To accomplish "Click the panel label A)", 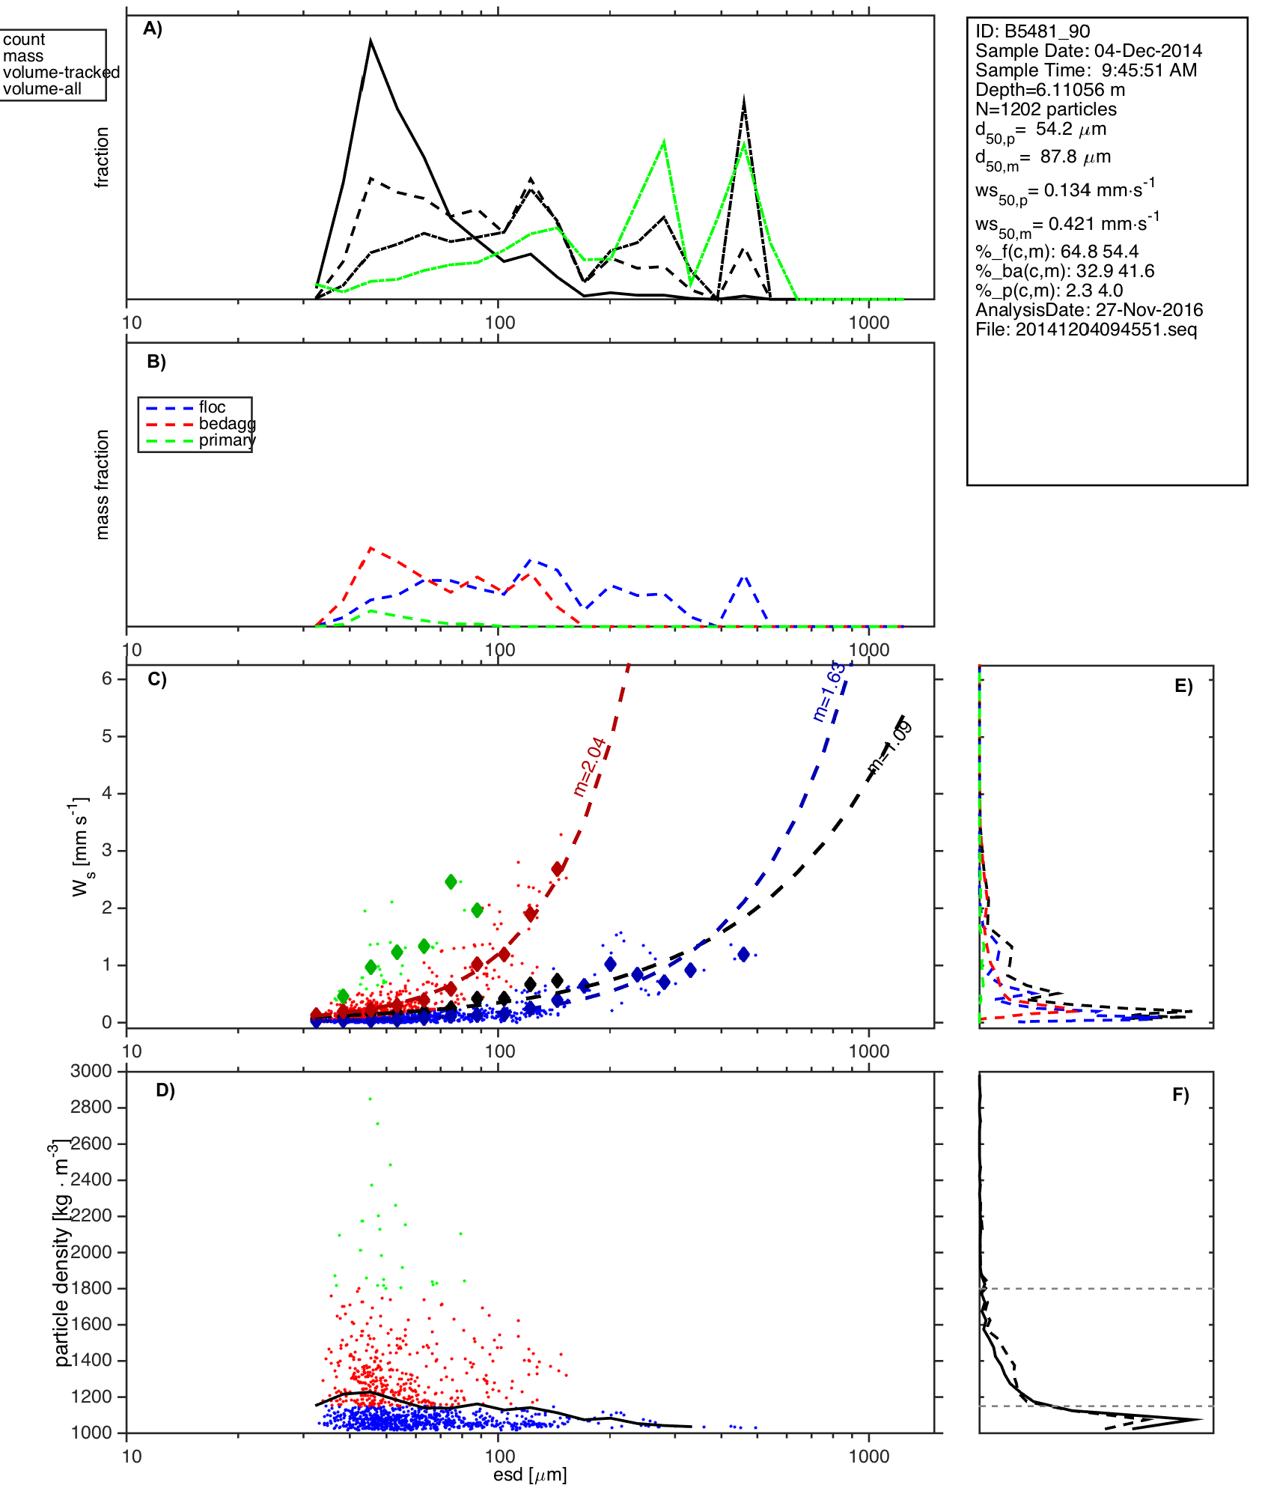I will (x=153, y=29).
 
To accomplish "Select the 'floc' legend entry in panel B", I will (x=212, y=407).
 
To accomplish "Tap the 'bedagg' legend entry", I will (x=227, y=424).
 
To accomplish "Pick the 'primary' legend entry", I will (x=227, y=440).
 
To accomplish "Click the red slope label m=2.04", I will (x=589, y=767).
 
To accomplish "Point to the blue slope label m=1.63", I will (x=829, y=692).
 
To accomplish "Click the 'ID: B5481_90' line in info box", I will (x=1032, y=31).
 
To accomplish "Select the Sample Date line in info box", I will (x=1088, y=51).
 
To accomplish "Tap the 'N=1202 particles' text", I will (x=1046, y=109).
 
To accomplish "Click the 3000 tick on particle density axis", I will (x=91, y=1071).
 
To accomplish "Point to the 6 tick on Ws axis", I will (x=108, y=678).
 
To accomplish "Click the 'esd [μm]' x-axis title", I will (x=530, y=1475).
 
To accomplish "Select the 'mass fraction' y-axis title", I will (x=103, y=485).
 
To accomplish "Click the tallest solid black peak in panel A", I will (x=371, y=41).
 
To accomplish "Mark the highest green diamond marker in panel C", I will (x=451, y=882).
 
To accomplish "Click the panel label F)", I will (x=1180, y=1096).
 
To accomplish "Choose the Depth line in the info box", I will (x=1049, y=90).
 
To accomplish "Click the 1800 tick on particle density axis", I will (x=91, y=1288).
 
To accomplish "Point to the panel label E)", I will (x=1183, y=687).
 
